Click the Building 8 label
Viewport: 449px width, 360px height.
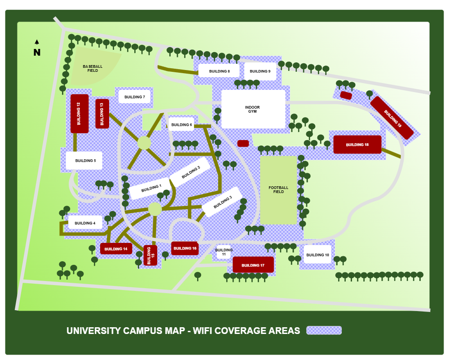coord(219,71)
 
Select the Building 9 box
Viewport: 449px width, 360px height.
coord(260,71)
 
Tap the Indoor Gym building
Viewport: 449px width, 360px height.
coord(253,109)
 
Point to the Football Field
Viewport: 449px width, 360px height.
coord(278,190)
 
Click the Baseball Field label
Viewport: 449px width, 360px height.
coord(92,68)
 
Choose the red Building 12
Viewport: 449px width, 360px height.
coord(79,114)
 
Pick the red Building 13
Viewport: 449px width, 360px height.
coord(102,114)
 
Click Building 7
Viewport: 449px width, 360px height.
coord(134,97)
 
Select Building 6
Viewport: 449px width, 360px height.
coord(181,124)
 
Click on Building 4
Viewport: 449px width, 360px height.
coord(85,223)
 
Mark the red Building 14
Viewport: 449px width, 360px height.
coord(116,249)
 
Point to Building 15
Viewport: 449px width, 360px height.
coord(150,255)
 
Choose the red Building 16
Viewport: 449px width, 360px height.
coord(185,248)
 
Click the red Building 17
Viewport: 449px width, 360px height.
coord(253,265)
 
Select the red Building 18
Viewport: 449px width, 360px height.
coord(357,145)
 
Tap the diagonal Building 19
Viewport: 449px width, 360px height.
coord(392,118)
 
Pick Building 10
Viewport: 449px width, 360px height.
coord(317,255)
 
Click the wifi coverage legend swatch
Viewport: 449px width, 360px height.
coord(324,330)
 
